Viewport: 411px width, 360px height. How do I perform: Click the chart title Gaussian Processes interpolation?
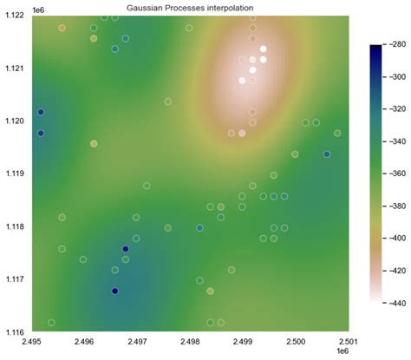[x=190, y=8]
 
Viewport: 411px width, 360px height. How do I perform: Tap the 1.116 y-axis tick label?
[x=15, y=332]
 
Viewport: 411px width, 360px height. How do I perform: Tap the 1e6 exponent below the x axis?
[x=341, y=353]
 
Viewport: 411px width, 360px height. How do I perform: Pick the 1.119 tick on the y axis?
[x=15, y=174]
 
